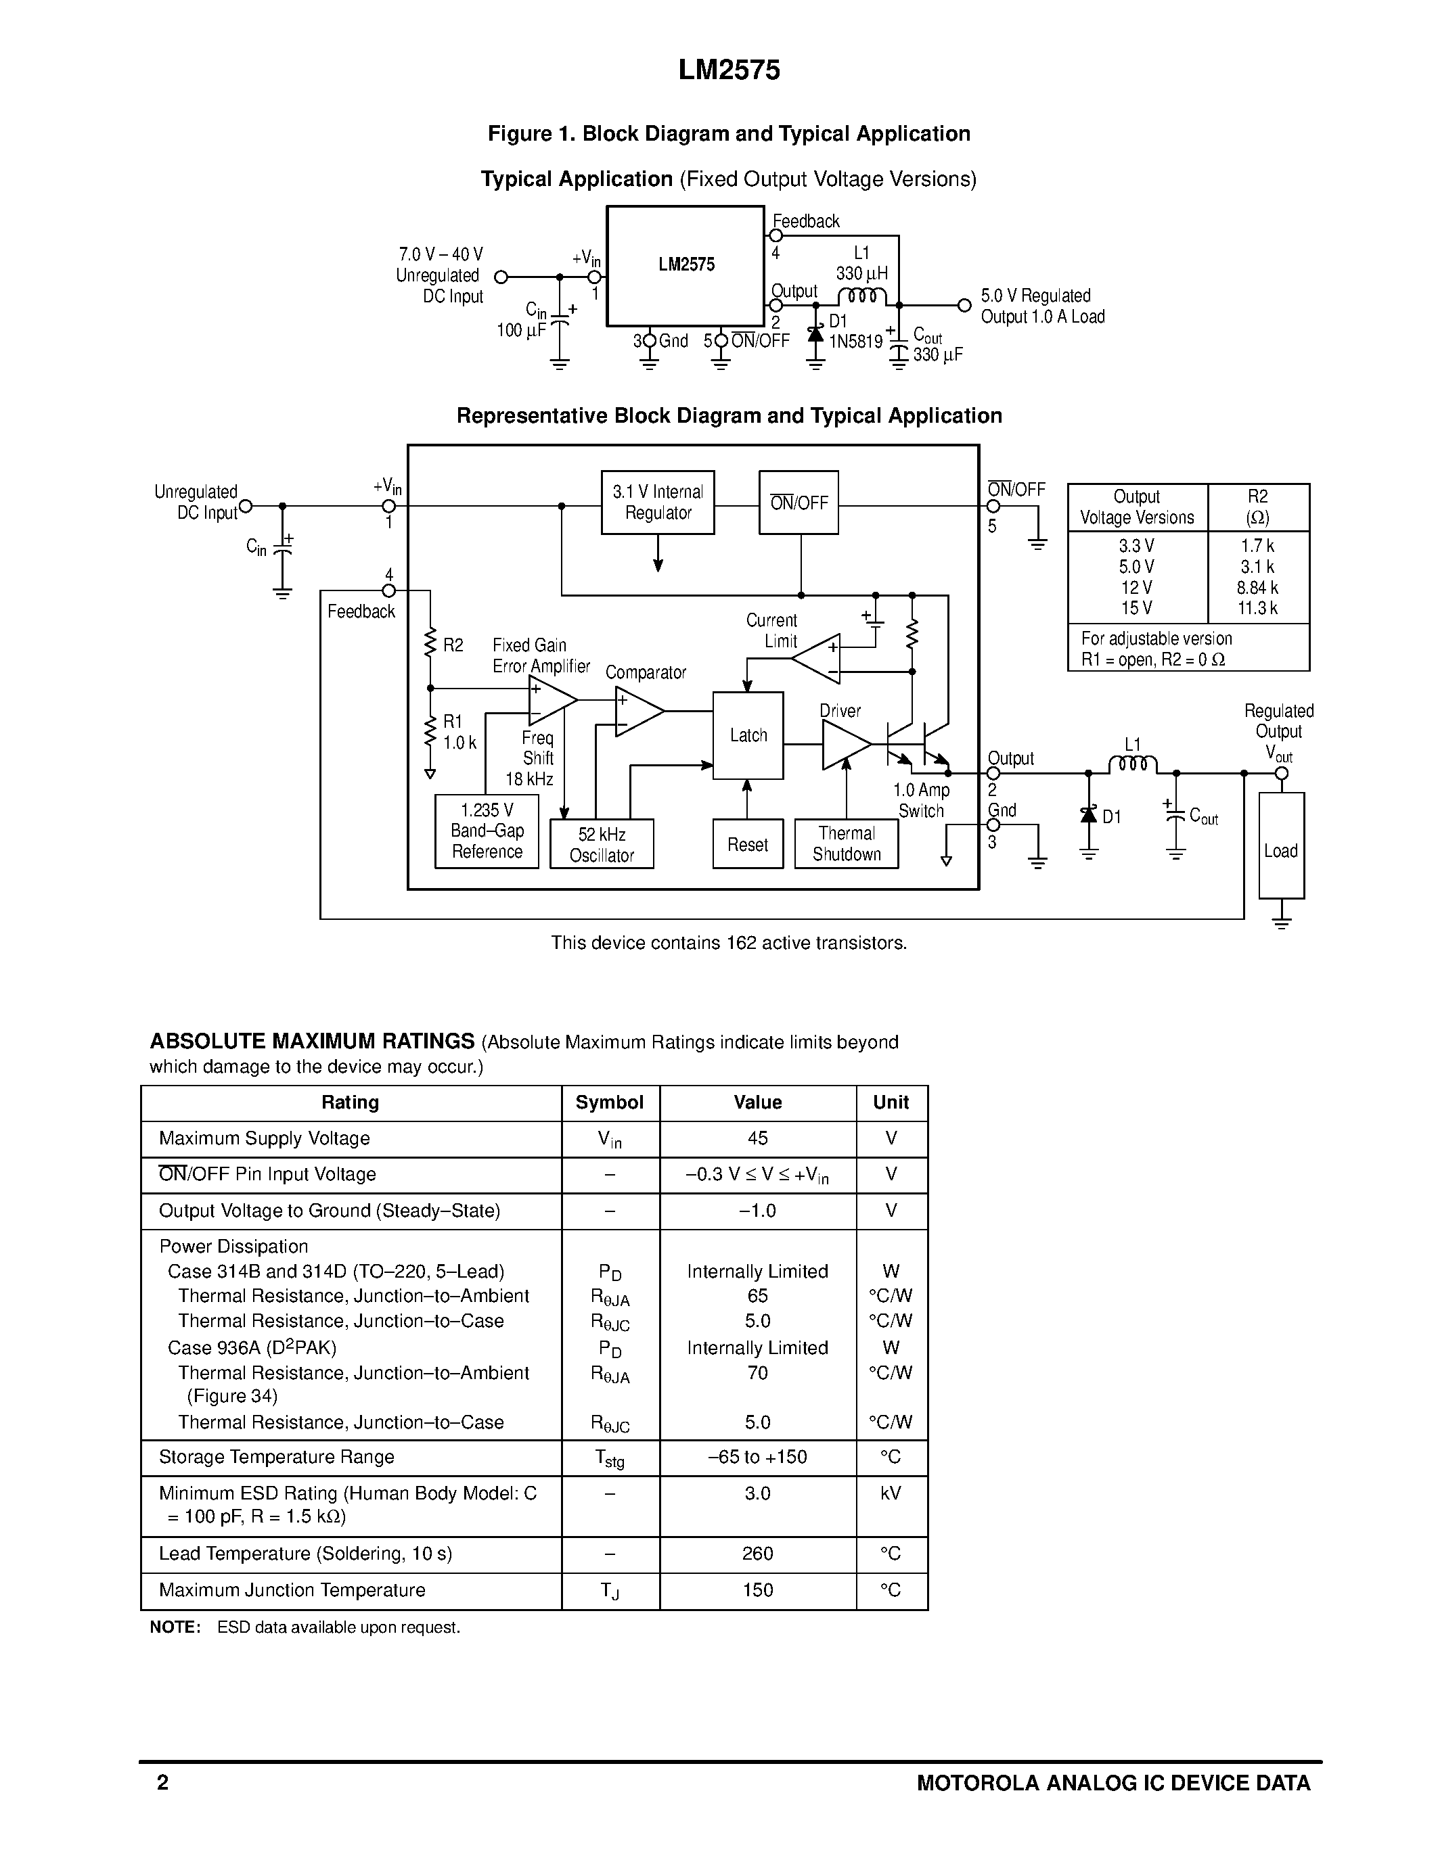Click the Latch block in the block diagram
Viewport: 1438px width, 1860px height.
coord(747,735)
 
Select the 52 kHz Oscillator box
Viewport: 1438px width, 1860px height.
coord(602,844)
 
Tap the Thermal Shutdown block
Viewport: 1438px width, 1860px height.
coord(846,843)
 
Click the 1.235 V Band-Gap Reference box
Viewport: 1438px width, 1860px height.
coord(487,831)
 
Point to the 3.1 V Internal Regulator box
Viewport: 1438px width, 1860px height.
coord(658,503)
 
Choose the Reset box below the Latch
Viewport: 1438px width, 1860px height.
coord(747,844)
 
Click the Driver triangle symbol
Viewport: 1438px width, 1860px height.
coord(843,745)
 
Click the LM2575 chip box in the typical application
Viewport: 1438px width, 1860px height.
coord(685,266)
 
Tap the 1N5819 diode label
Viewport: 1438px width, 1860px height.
coord(855,342)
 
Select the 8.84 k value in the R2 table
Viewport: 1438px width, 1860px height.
coord(1257,588)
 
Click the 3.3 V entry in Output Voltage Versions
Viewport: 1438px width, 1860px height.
coord(1136,546)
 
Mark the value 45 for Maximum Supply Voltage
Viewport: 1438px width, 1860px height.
coord(757,1138)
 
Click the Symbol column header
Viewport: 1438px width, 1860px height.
coord(609,1102)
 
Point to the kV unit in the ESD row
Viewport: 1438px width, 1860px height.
coord(891,1493)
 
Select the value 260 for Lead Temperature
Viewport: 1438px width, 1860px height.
coord(757,1554)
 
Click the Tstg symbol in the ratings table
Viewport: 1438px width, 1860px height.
coord(610,1459)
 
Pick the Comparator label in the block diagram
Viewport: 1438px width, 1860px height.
coord(645,672)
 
